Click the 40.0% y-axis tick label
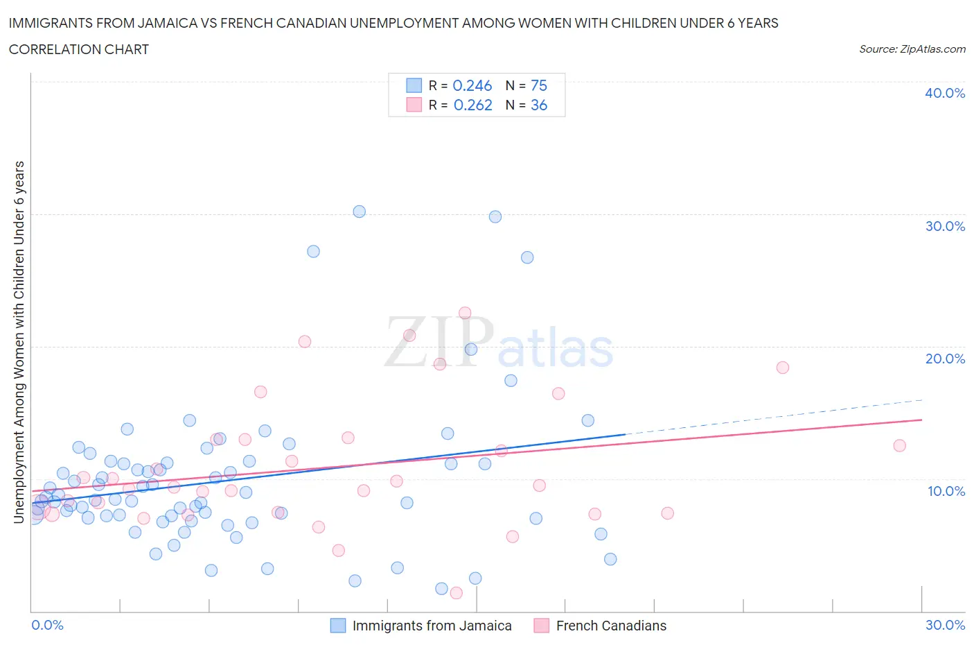click(x=944, y=93)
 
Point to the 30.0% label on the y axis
click(x=944, y=226)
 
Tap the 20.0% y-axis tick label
click(x=944, y=359)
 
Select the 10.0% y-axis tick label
click(x=946, y=491)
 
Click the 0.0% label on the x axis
click(x=47, y=625)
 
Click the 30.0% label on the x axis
click(x=945, y=625)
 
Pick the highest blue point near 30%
click(x=359, y=212)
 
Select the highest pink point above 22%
click(x=465, y=313)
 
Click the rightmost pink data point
click(x=899, y=445)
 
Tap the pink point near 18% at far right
click(x=782, y=368)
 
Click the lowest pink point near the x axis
click(x=456, y=592)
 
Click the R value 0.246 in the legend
click(x=472, y=85)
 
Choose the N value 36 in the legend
click(x=538, y=105)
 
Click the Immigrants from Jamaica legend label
click(x=432, y=626)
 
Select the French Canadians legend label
click(x=610, y=626)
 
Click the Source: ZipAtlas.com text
click(x=912, y=49)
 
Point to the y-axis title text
click(x=19, y=342)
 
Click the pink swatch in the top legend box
click(x=414, y=105)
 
